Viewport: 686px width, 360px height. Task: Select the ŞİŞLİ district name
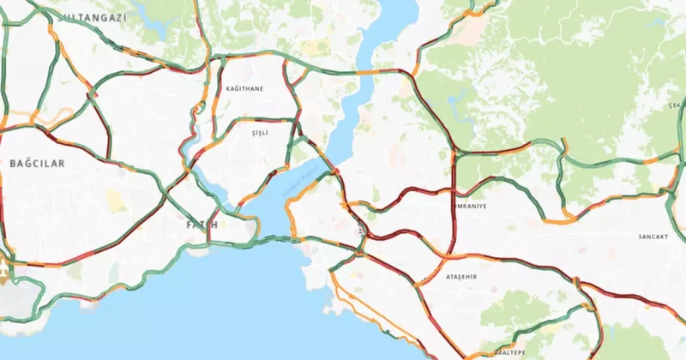(260, 134)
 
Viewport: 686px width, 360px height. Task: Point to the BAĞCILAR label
(37, 162)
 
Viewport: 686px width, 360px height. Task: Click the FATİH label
(202, 225)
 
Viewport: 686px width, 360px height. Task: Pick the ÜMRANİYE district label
(468, 207)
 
